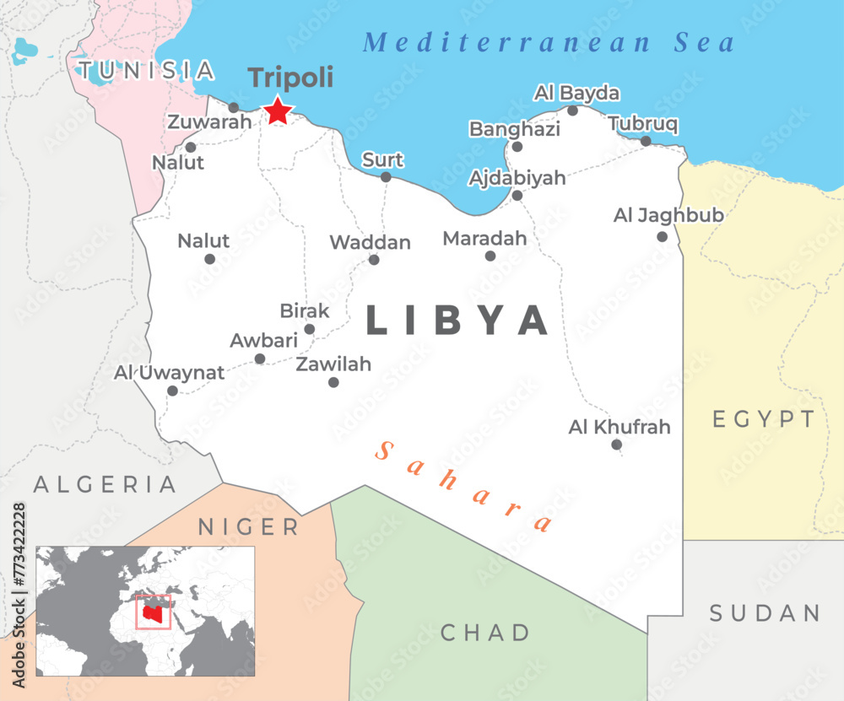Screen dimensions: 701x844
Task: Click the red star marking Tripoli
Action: (279, 111)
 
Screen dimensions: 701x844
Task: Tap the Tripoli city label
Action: (290, 78)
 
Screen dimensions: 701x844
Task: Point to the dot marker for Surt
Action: (386, 177)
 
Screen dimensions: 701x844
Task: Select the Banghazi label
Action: (515, 129)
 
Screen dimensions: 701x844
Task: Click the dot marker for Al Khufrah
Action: (617, 445)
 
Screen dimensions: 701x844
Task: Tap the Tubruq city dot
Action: (646, 141)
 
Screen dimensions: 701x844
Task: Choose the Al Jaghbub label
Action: (668, 215)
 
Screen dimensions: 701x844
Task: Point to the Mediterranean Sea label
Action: (549, 42)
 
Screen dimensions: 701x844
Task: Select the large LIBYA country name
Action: (457, 321)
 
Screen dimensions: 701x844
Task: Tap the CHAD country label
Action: (485, 632)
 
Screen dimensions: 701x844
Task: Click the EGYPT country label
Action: (764, 419)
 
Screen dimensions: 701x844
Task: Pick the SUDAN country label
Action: (765, 612)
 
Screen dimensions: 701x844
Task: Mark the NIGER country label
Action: (249, 527)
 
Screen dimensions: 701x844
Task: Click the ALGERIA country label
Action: (105, 484)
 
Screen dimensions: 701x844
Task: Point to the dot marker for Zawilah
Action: (333, 382)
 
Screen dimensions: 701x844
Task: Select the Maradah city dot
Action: (490, 256)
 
